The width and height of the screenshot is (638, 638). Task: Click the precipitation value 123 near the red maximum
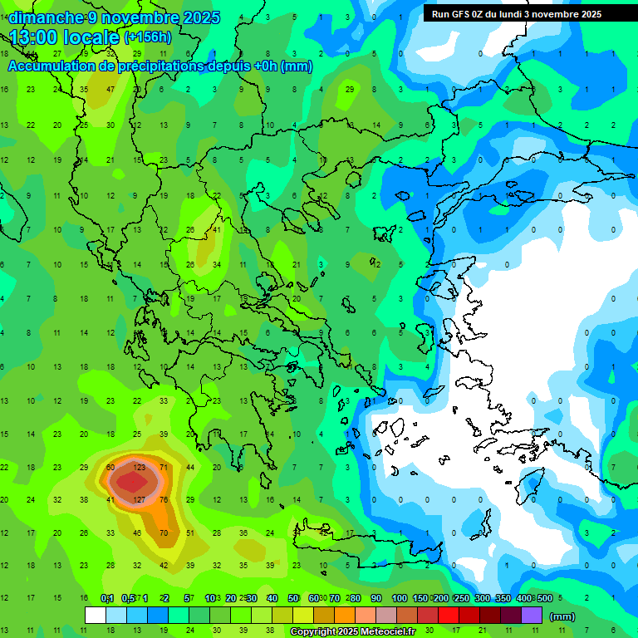pyautogui.click(x=140, y=468)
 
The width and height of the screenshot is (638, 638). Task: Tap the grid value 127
pyautogui.click(x=140, y=500)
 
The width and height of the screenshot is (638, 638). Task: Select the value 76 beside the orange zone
pyautogui.click(x=164, y=500)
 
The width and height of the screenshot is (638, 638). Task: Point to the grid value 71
pyautogui.click(x=164, y=468)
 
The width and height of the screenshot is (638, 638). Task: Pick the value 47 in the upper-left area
pyautogui.click(x=110, y=89)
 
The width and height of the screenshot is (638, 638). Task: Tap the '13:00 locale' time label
pyautogui.click(x=65, y=37)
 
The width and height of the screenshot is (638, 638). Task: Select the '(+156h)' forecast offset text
pyautogui.click(x=148, y=37)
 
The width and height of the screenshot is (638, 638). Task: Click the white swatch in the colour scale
pyautogui.click(x=96, y=616)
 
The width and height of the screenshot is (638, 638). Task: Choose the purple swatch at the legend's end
pyautogui.click(x=532, y=616)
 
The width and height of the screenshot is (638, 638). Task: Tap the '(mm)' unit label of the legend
pyautogui.click(x=562, y=616)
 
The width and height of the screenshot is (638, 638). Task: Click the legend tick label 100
pyautogui.click(x=400, y=598)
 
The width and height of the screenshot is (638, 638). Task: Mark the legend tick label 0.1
pyautogui.click(x=107, y=598)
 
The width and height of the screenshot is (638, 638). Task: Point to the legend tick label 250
pyautogui.click(x=462, y=598)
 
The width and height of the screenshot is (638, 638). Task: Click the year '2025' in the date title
pyautogui.click(x=202, y=17)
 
